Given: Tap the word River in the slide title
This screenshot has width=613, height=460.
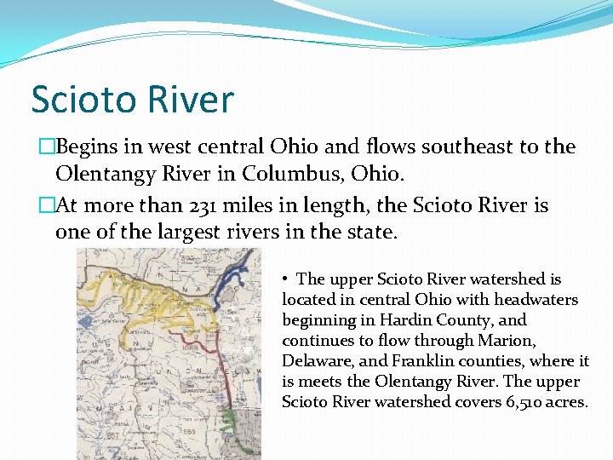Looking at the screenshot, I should pos(195,100).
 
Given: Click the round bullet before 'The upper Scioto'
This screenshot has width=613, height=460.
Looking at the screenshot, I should pos(288,279).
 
